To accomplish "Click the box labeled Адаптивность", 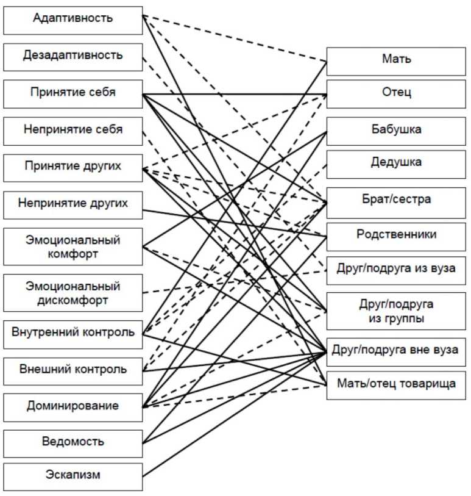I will coord(73,18).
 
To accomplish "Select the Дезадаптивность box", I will coord(73,56).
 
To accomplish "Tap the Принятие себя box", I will coord(73,93).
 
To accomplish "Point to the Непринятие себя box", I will coord(73,130).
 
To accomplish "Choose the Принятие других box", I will coord(73,167).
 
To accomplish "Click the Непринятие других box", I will coord(73,204).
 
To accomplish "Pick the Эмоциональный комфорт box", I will coord(73,247).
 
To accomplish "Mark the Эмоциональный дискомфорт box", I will coord(73,293).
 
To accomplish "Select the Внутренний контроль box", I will coord(73,333).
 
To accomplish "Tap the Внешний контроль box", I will coord(73,370).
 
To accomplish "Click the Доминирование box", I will coord(73,406).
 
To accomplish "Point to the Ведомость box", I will coord(73,442).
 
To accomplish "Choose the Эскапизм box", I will coord(73,476).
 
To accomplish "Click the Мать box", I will coord(396,60).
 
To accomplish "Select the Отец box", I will coord(396,93).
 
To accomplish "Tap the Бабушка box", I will coord(396,131).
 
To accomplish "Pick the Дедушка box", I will coord(396,164).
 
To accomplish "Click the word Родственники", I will coord(396,235).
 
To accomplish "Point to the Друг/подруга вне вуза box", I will coord(396,351).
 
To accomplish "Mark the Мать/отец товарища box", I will coord(396,384).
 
